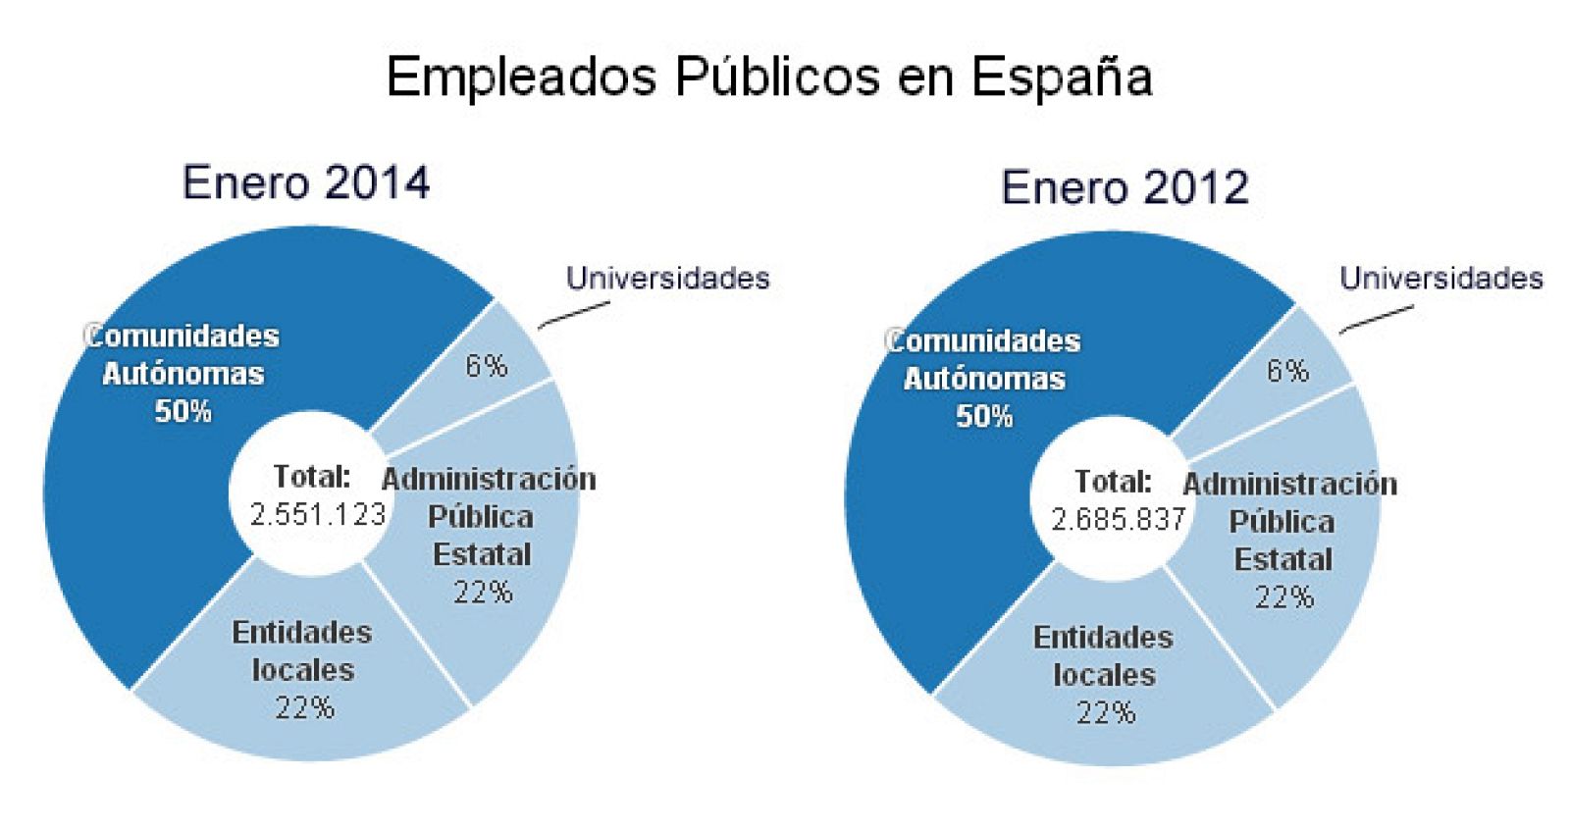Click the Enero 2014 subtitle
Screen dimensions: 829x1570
306,183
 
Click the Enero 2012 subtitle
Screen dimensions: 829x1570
1125,187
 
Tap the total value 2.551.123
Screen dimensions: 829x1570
318,514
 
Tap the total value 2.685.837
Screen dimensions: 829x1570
1119,519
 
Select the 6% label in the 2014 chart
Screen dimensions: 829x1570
487,366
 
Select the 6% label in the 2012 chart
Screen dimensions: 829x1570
1287,371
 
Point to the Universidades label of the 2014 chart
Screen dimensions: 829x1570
667,279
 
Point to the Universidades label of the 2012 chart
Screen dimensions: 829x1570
1440,279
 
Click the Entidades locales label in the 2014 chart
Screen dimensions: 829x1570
302,650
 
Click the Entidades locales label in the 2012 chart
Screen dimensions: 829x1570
1103,655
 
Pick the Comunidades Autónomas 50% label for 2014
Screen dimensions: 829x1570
183,373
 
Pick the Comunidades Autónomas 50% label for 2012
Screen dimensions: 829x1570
984,378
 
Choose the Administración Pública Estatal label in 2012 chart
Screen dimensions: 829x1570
1287,522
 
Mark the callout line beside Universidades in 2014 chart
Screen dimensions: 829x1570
573,315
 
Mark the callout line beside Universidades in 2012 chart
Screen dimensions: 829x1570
1376,319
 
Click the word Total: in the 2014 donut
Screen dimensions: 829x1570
312,477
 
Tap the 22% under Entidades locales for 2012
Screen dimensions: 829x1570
1106,712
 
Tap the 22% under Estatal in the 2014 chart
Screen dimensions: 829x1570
483,592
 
